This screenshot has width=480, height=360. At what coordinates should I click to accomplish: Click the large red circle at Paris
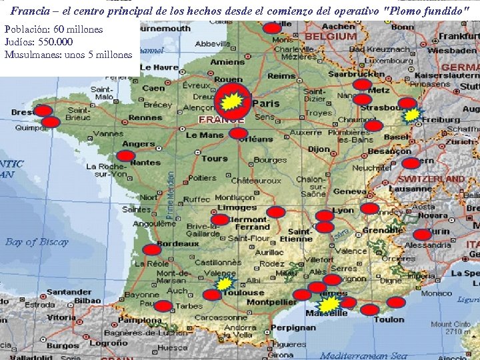coord(233,101)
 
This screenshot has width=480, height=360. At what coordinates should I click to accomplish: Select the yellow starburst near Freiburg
coord(413,115)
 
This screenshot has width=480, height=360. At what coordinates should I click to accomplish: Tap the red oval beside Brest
coord(43,111)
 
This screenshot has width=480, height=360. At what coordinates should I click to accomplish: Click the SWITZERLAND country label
coord(436,179)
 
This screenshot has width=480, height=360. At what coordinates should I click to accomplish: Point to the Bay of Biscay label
coord(37,241)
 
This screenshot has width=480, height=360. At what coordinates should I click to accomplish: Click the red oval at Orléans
coord(238,133)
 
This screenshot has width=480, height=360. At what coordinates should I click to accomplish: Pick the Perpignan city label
coord(294,328)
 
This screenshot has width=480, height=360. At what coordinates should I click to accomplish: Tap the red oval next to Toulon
coord(396,302)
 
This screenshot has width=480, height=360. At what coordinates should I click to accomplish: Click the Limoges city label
coord(237,207)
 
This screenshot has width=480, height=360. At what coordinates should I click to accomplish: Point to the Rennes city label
coord(145,118)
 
